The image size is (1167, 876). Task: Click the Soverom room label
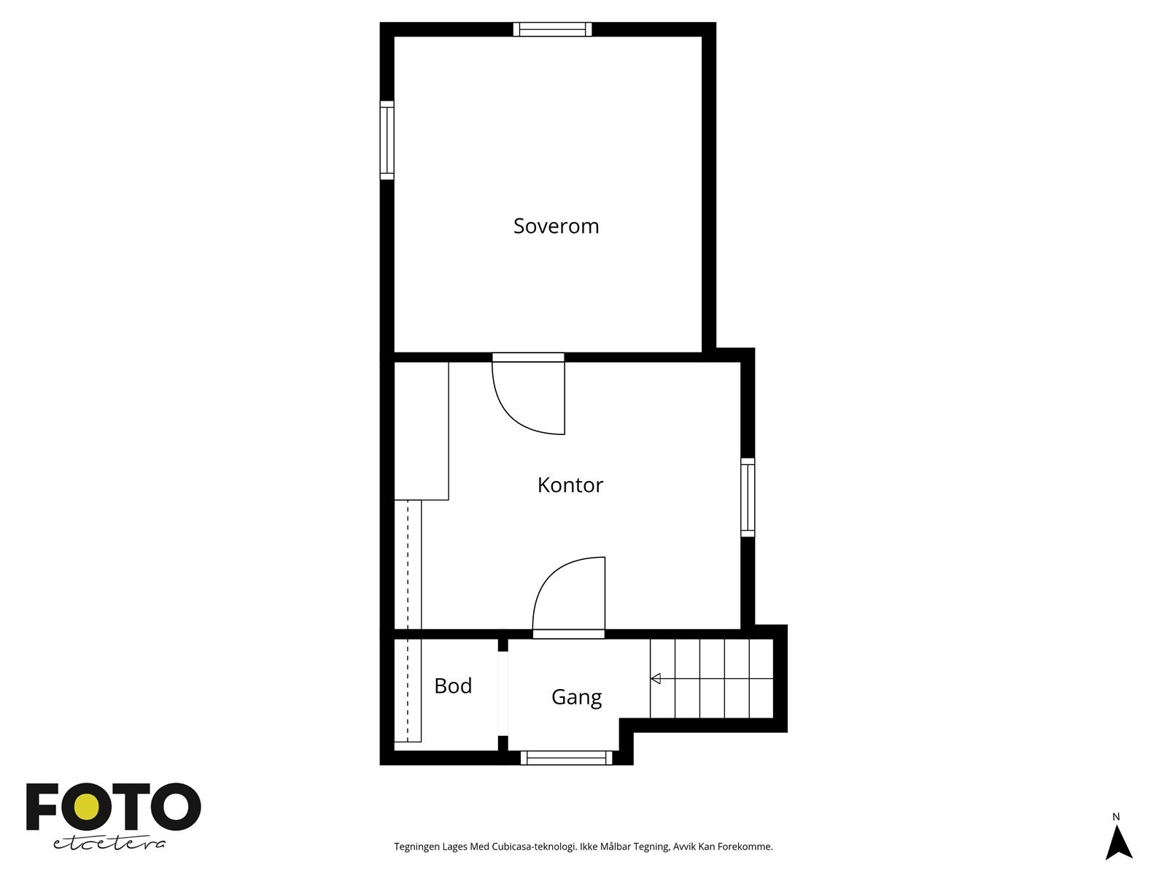[556, 226]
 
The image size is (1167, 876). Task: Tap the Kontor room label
[570, 485]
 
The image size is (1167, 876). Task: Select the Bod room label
[453, 686]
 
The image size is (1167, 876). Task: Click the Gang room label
[576, 697]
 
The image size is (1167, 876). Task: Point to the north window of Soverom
[552, 29]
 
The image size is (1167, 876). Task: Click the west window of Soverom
[387, 140]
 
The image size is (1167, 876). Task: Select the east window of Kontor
[748, 497]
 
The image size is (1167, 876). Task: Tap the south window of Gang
[567, 758]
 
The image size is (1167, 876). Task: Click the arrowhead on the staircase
[656, 679]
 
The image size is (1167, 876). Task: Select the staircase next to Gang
[711, 679]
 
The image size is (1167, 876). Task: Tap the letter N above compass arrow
[1116, 817]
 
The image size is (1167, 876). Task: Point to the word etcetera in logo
[109, 843]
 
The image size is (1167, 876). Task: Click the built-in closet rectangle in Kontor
[421, 431]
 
